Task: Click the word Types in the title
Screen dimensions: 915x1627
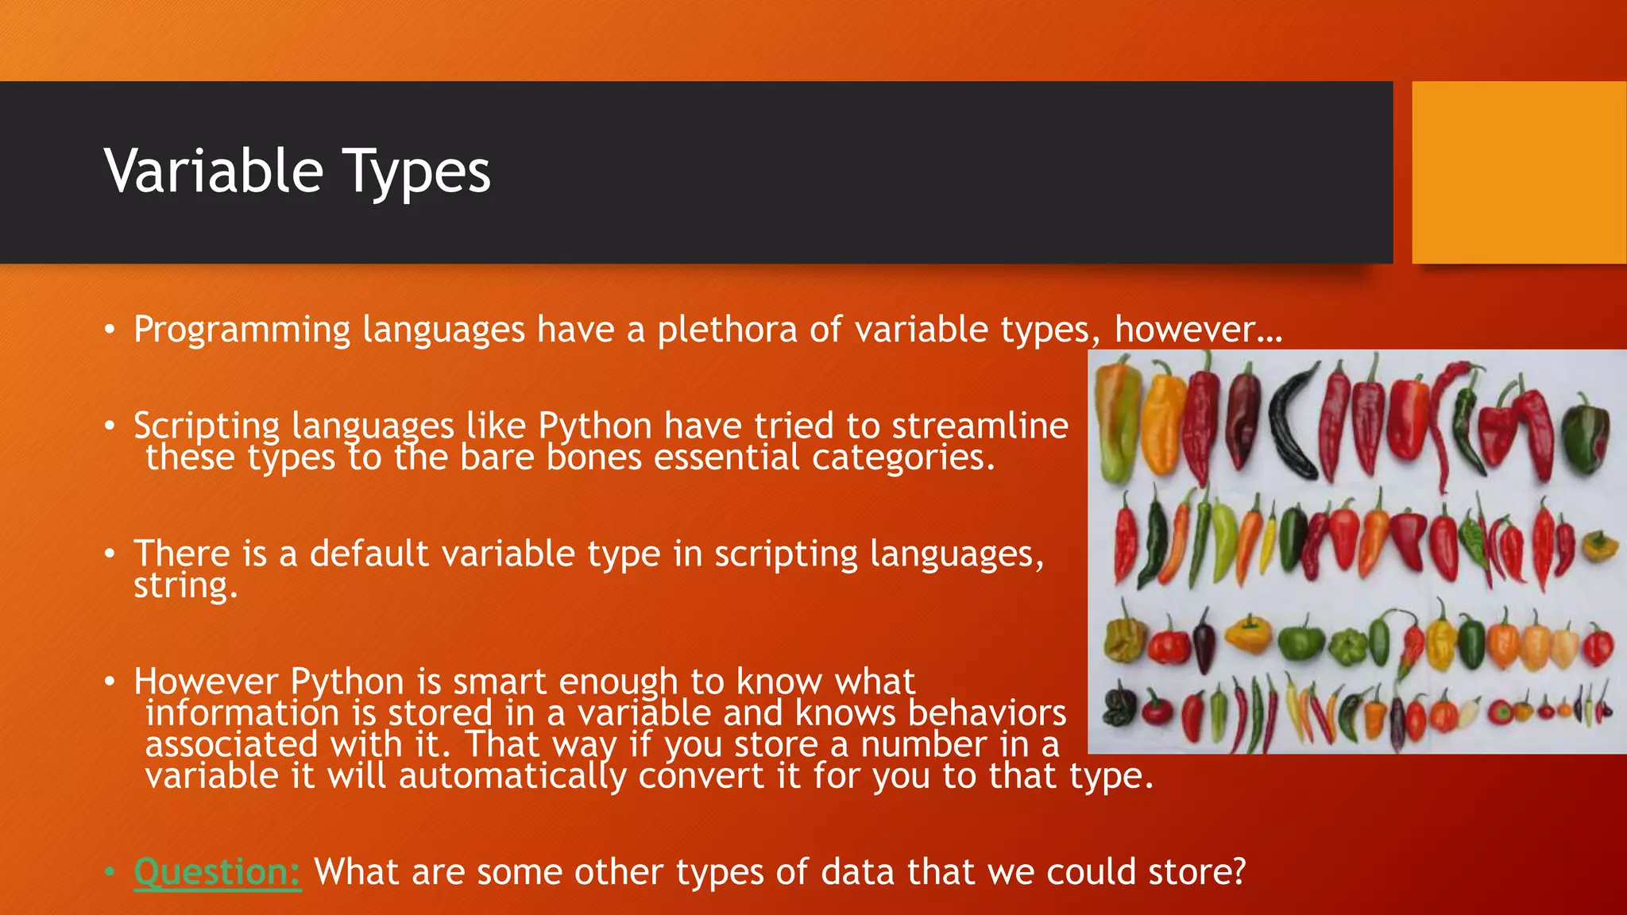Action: [416, 173]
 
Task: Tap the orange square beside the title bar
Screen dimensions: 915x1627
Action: [1519, 172]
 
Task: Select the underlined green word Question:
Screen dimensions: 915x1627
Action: [217, 871]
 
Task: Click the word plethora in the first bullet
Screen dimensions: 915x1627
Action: [726, 330]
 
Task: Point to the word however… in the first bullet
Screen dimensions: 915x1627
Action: [1197, 330]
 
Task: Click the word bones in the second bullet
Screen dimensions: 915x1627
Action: [593, 458]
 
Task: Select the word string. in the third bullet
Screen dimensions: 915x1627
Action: [185, 586]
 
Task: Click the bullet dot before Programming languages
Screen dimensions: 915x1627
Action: [110, 330]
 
